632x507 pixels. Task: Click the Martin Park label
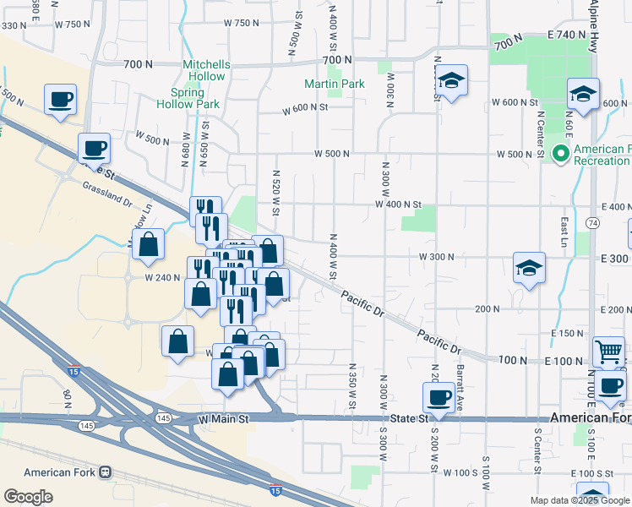click(335, 84)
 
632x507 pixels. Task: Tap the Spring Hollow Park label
click(188, 98)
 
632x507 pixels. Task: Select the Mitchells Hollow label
click(204, 70)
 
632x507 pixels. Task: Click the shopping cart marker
click(608, 351)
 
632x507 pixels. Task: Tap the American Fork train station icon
click(106, 472)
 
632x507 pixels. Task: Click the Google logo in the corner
click(28, 497)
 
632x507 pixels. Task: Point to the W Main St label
click(225, 418)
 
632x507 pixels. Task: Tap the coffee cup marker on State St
click(439, 397)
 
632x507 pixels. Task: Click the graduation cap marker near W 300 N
click(530, 269)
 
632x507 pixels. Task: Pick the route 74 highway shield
click(593, 222)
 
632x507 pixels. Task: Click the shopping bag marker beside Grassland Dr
click(149, 244)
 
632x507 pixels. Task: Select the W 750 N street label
click(241, 24)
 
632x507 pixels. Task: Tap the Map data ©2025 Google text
click(580, 500)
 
